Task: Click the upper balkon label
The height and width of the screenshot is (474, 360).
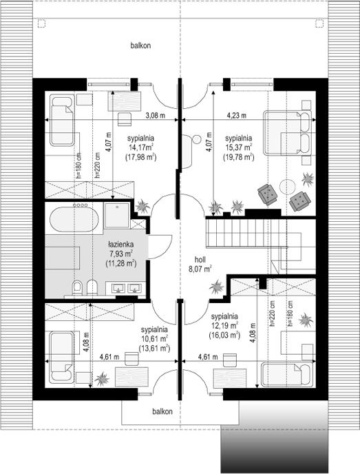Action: pos(140,45)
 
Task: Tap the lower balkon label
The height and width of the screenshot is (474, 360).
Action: pos(162,411)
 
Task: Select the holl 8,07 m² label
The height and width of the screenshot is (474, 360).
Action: pos(200,264)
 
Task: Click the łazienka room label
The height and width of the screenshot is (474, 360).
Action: pos(121,244)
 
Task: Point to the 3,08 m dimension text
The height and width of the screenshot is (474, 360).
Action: pos(156,116)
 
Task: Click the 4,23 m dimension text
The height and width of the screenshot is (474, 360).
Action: pos(237,116)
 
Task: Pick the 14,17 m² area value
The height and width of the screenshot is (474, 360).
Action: pos(140,148)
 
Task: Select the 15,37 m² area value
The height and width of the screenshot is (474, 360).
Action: pos(239,148)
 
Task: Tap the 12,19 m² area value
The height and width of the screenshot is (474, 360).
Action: pos(224,326)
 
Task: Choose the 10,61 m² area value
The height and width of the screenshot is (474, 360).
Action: pos(154,338)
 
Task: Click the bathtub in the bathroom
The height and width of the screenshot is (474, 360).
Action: pos(74,220)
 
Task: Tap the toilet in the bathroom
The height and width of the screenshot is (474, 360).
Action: pos(77,287)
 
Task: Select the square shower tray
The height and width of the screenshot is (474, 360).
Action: pos(116,215)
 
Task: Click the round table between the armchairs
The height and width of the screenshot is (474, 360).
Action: pos(288,187)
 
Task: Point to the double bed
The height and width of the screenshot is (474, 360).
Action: pos(287,134)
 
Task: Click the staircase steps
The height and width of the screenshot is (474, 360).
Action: pos(246,233)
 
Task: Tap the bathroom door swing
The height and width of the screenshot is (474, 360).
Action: pos(160,247)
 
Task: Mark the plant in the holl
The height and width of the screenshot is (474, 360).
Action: pos(217,287)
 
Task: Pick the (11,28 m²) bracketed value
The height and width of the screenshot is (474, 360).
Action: pos(121,264)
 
